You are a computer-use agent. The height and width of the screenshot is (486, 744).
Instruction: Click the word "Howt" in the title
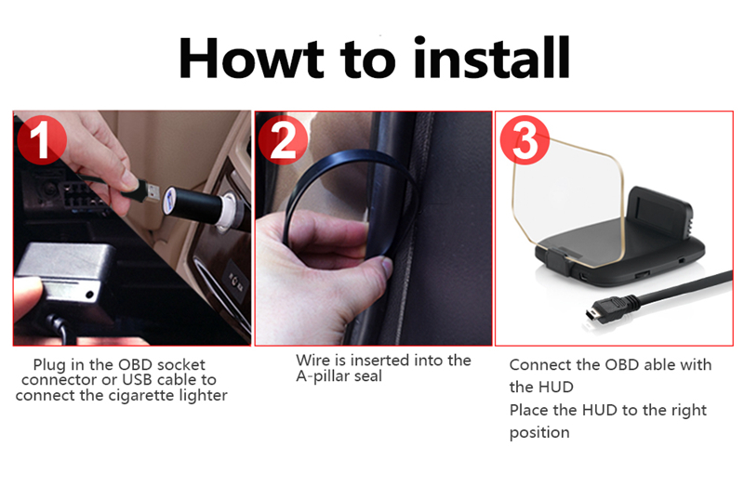pyautogui.click(x=251, y=58)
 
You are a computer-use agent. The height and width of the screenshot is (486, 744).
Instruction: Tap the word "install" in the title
pyautogui.click(x=491, y=58)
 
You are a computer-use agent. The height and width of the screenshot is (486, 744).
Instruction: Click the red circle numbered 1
pyautogui.click(x=41, y=140)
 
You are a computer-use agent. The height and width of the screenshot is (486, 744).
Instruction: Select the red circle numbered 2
pyautogui.click(x=284, y=140)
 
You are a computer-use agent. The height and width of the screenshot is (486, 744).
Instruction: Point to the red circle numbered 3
pyautogui.click(x=525, y=140)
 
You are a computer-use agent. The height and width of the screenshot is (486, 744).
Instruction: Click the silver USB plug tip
pyautogui.click(x=152, y=191)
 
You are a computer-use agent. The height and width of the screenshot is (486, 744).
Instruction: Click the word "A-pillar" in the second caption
pyautogui.click(x=322, y=376)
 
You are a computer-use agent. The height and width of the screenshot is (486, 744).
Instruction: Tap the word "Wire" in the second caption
pyautogui.click(x=312, y=361)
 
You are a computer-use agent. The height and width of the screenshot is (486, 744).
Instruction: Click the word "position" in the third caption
pyautogui.click(x=539, y=433)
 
